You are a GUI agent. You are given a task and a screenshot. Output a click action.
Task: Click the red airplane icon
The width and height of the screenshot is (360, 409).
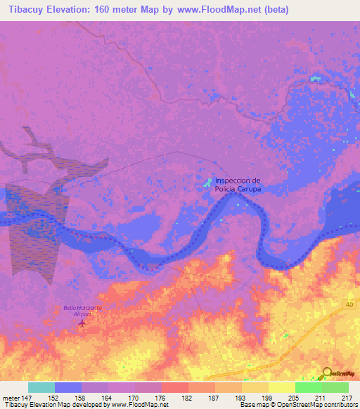pyautogui.click(x=83, y=324)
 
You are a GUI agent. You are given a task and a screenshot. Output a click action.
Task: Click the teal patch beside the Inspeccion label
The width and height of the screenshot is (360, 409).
pyautogui.click(x=208, y=183)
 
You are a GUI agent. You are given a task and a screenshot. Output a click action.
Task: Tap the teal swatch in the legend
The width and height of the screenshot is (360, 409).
pyautogui.click(x=41, y=387)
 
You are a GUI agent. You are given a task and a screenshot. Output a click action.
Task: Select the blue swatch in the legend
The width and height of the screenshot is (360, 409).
pyautogui.click(x=68, y=387)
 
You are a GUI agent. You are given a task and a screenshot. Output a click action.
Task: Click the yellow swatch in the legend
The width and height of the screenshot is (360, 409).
pyautogui.click(x=282, y=387)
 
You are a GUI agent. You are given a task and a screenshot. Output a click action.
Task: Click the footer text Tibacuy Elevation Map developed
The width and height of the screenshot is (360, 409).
pyautogui.click(x=53, y=405)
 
